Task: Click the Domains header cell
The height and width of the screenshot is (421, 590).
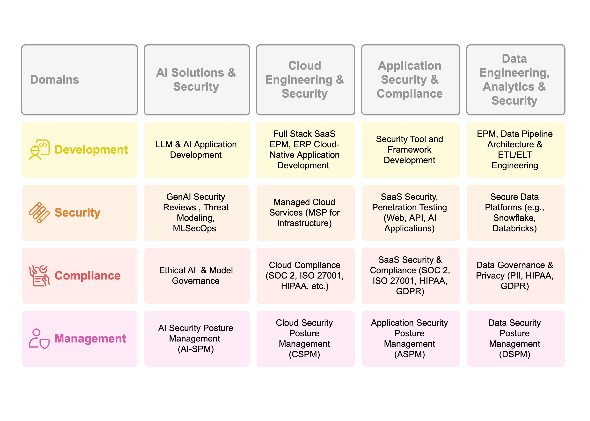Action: point(79,79)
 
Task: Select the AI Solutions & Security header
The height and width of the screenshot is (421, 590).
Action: point(197,79)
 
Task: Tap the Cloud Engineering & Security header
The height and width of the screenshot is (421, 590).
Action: point(305,79)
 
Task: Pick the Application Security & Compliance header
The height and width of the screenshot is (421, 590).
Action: point(410,79)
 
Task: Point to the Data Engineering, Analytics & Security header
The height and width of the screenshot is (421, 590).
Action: point(515,79)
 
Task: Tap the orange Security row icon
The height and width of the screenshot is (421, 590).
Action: point(39,213)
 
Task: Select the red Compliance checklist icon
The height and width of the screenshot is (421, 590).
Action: point(39,276)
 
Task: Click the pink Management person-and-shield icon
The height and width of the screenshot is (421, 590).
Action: point(39,339)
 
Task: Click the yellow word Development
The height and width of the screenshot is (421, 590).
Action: point(91,150)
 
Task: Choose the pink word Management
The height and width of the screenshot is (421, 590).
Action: point(90,339)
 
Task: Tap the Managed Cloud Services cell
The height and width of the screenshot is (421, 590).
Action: point(305,213)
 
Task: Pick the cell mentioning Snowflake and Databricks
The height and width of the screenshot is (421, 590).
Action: point(515,213)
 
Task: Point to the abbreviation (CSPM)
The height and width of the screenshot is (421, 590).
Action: point(304,354)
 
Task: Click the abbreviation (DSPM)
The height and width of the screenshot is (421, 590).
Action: point(514,354)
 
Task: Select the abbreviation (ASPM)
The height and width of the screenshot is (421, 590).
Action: point(409,354)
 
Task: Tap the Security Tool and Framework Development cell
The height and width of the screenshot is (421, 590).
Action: point(410,150)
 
